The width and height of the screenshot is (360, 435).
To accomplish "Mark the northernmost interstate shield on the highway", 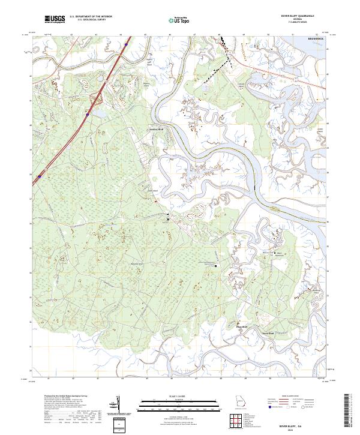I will [x=126, y=44].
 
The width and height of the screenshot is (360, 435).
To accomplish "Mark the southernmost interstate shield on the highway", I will [x=39, y=176].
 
